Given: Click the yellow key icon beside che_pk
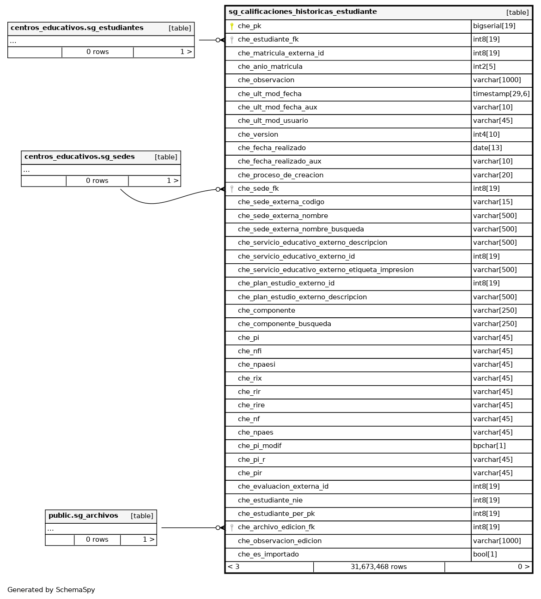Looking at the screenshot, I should click(232, 26).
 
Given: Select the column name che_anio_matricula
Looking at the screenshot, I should click(270, 67).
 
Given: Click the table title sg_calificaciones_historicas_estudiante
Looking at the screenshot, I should click(303, 12).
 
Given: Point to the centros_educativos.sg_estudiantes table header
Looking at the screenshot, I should click(77, 28).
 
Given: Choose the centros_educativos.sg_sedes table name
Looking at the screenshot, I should click(79, 157).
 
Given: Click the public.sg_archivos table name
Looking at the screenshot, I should click(83, 516).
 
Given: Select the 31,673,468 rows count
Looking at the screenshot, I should click(378, 567).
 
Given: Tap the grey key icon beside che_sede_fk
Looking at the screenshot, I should click(232, 189).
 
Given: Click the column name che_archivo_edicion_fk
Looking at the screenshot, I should click(276, 527).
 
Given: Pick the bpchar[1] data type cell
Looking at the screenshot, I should click(489, 446).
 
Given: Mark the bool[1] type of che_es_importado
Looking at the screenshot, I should click(485, 554).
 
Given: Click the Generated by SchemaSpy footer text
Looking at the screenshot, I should click(51, 590).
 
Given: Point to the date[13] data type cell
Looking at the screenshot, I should click(487, 148).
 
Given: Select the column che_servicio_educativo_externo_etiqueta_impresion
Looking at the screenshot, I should click(325, 270).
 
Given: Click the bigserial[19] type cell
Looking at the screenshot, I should click(494, 26).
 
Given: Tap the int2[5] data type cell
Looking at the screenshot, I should click(484, 67).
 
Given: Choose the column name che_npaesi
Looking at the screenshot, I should click(256, 364).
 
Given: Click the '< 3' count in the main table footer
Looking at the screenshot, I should click(233, 567).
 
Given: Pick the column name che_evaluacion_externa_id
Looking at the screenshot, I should click(283, 486).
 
